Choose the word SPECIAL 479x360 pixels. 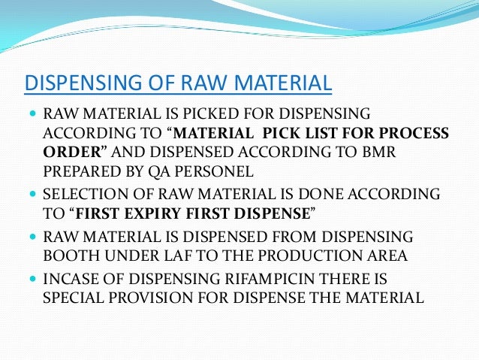[74, 297]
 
